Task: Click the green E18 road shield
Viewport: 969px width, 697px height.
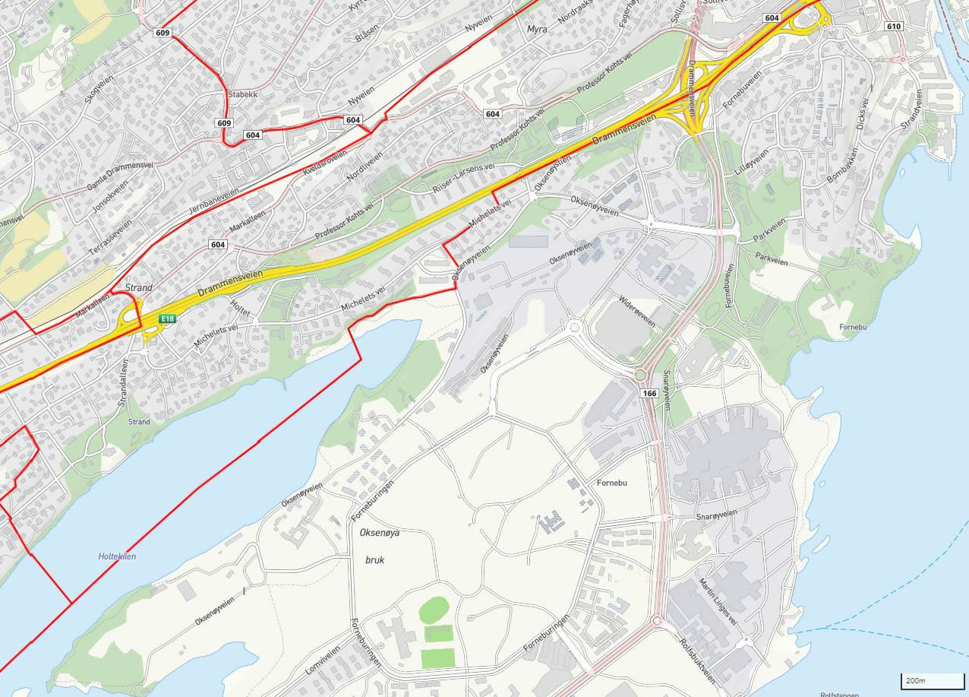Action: click(168, 319)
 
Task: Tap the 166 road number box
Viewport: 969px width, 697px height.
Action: click(649, 393)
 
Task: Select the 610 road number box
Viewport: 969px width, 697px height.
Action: click(893, 26)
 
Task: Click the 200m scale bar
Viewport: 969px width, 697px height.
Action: click(922, 680)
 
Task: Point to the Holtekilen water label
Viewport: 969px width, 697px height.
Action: click(117, 556)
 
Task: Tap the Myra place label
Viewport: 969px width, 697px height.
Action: click(536, 29)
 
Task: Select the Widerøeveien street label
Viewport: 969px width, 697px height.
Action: click(636, 311)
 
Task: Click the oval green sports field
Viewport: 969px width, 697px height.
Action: click(434, 610)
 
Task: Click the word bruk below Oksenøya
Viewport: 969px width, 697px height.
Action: click(374, 560)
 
